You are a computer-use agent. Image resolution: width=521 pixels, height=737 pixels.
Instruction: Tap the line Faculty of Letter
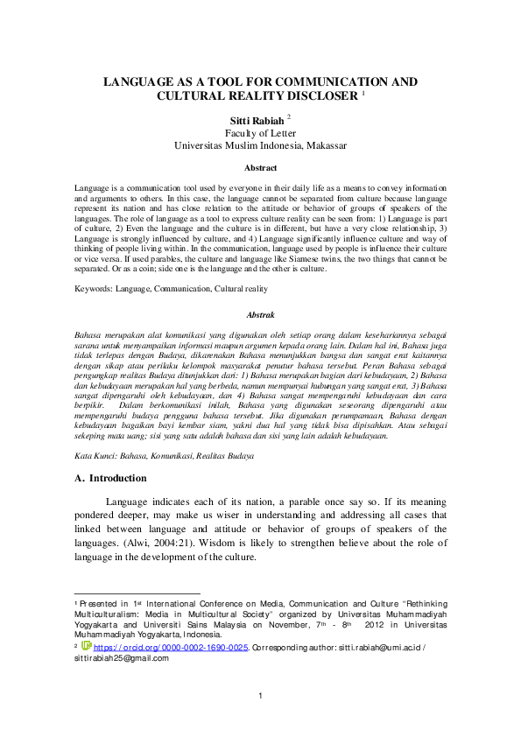[x=260, y=132]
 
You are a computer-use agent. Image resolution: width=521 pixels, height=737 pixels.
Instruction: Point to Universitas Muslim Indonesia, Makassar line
[x=260, y=145]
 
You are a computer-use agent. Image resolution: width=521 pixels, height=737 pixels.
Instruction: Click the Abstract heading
[x=260, y=167]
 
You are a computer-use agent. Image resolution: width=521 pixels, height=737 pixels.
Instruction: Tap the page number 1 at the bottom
[x=260, y=696]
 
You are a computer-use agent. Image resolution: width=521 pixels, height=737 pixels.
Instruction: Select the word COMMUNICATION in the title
[x=333, y=82]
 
